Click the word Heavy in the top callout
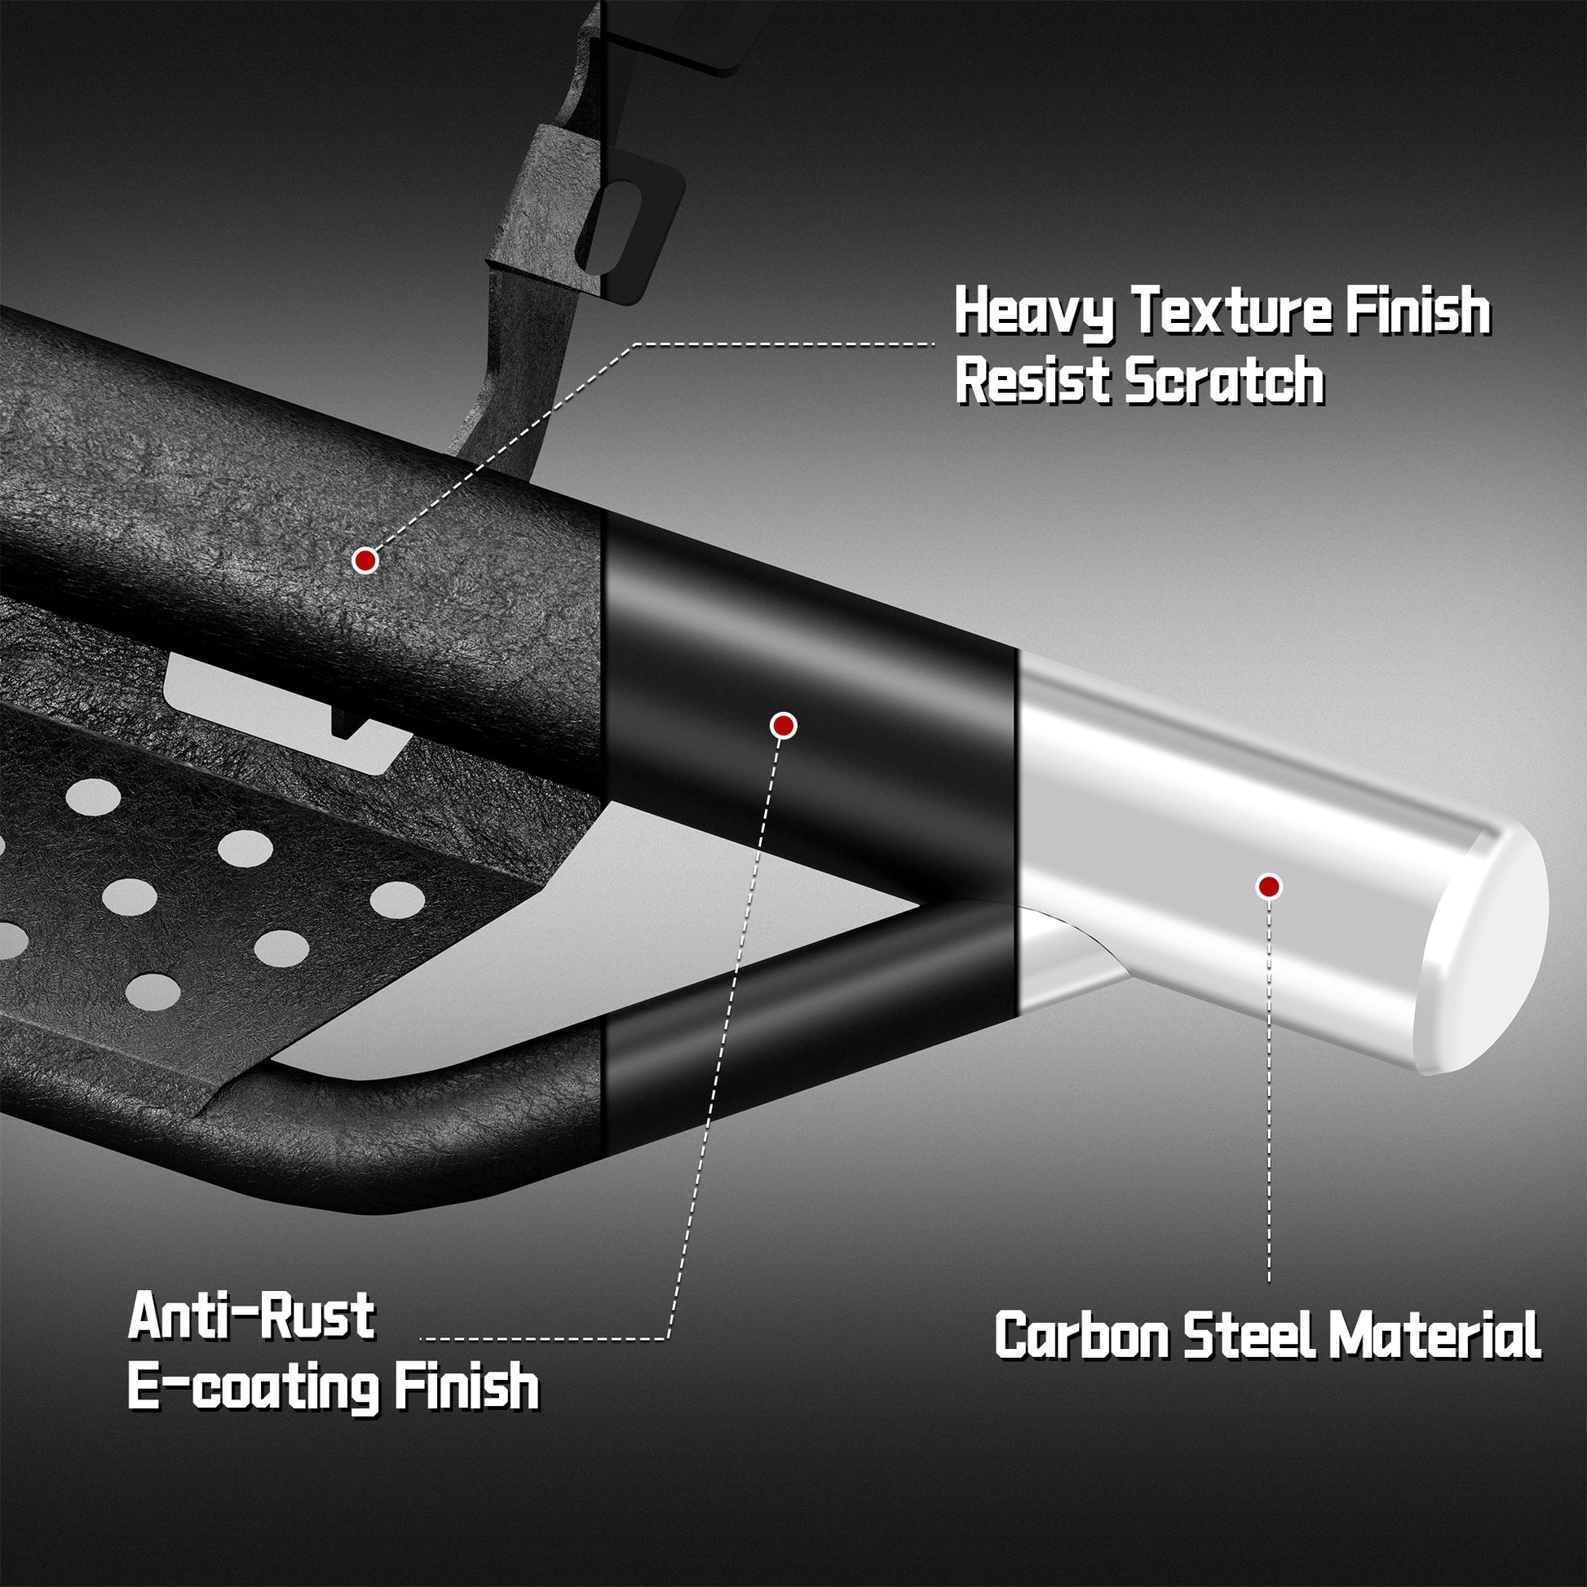[1036, 312]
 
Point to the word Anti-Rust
[251, 1315]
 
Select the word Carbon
[1082, 1336]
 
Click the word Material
[1436, 1336]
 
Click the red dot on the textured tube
[365, 560]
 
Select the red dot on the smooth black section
[783, 725]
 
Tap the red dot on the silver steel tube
[1269, 886]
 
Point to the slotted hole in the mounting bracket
[621, 227]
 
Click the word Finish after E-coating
[466, 1384]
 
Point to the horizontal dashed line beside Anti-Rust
[543, 1339]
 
